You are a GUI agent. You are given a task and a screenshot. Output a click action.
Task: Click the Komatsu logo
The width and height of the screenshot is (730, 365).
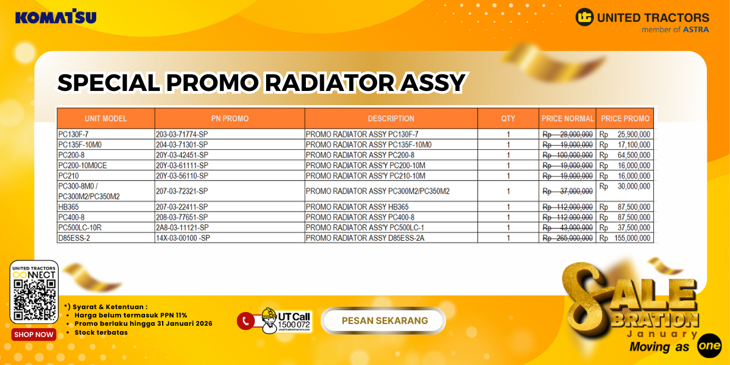56,17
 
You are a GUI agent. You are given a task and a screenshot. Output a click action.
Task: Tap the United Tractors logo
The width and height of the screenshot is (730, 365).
642,21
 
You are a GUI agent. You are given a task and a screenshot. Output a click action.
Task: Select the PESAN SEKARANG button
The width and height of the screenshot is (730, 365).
384,321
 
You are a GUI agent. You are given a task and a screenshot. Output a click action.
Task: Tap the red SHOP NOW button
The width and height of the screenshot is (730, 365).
34,335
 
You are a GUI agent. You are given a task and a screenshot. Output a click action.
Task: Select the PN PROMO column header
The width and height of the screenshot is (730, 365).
229,118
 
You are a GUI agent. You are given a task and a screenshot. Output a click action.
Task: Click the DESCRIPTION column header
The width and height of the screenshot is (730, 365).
391,118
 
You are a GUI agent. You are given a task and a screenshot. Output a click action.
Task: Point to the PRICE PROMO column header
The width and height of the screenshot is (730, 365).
625,118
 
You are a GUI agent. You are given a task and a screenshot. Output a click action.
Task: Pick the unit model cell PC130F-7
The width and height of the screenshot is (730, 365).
72,134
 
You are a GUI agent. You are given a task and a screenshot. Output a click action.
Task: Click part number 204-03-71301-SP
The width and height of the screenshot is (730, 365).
182,145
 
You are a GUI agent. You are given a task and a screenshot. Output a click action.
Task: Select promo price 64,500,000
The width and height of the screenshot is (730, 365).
633,155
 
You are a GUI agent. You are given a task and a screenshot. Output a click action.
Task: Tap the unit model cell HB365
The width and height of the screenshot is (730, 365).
68,207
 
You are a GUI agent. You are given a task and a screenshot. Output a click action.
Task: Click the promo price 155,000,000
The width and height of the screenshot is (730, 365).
631,238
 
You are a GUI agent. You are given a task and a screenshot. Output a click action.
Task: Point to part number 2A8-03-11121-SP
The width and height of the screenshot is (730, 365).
182,228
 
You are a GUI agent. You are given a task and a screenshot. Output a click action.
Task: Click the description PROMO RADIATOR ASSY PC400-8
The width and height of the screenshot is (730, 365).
360,218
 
